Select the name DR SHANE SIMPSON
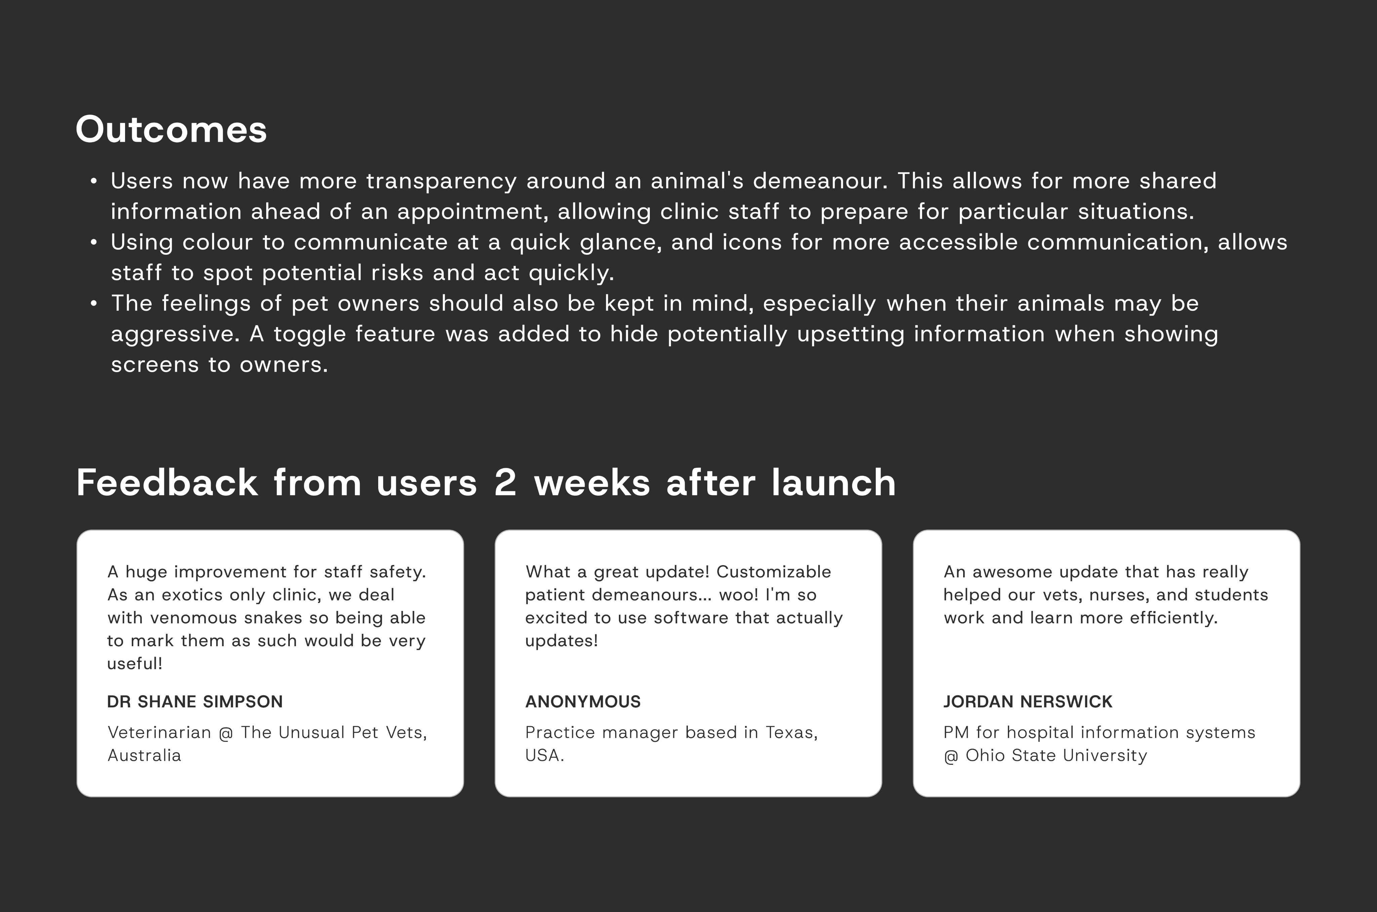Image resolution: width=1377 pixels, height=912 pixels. point(195,701)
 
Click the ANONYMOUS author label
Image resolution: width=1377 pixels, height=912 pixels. point(583,701)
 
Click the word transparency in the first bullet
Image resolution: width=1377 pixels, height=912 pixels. point(441,181)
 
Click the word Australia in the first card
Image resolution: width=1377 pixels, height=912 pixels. point(144,755)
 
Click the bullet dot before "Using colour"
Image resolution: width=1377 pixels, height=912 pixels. point(94,242)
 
